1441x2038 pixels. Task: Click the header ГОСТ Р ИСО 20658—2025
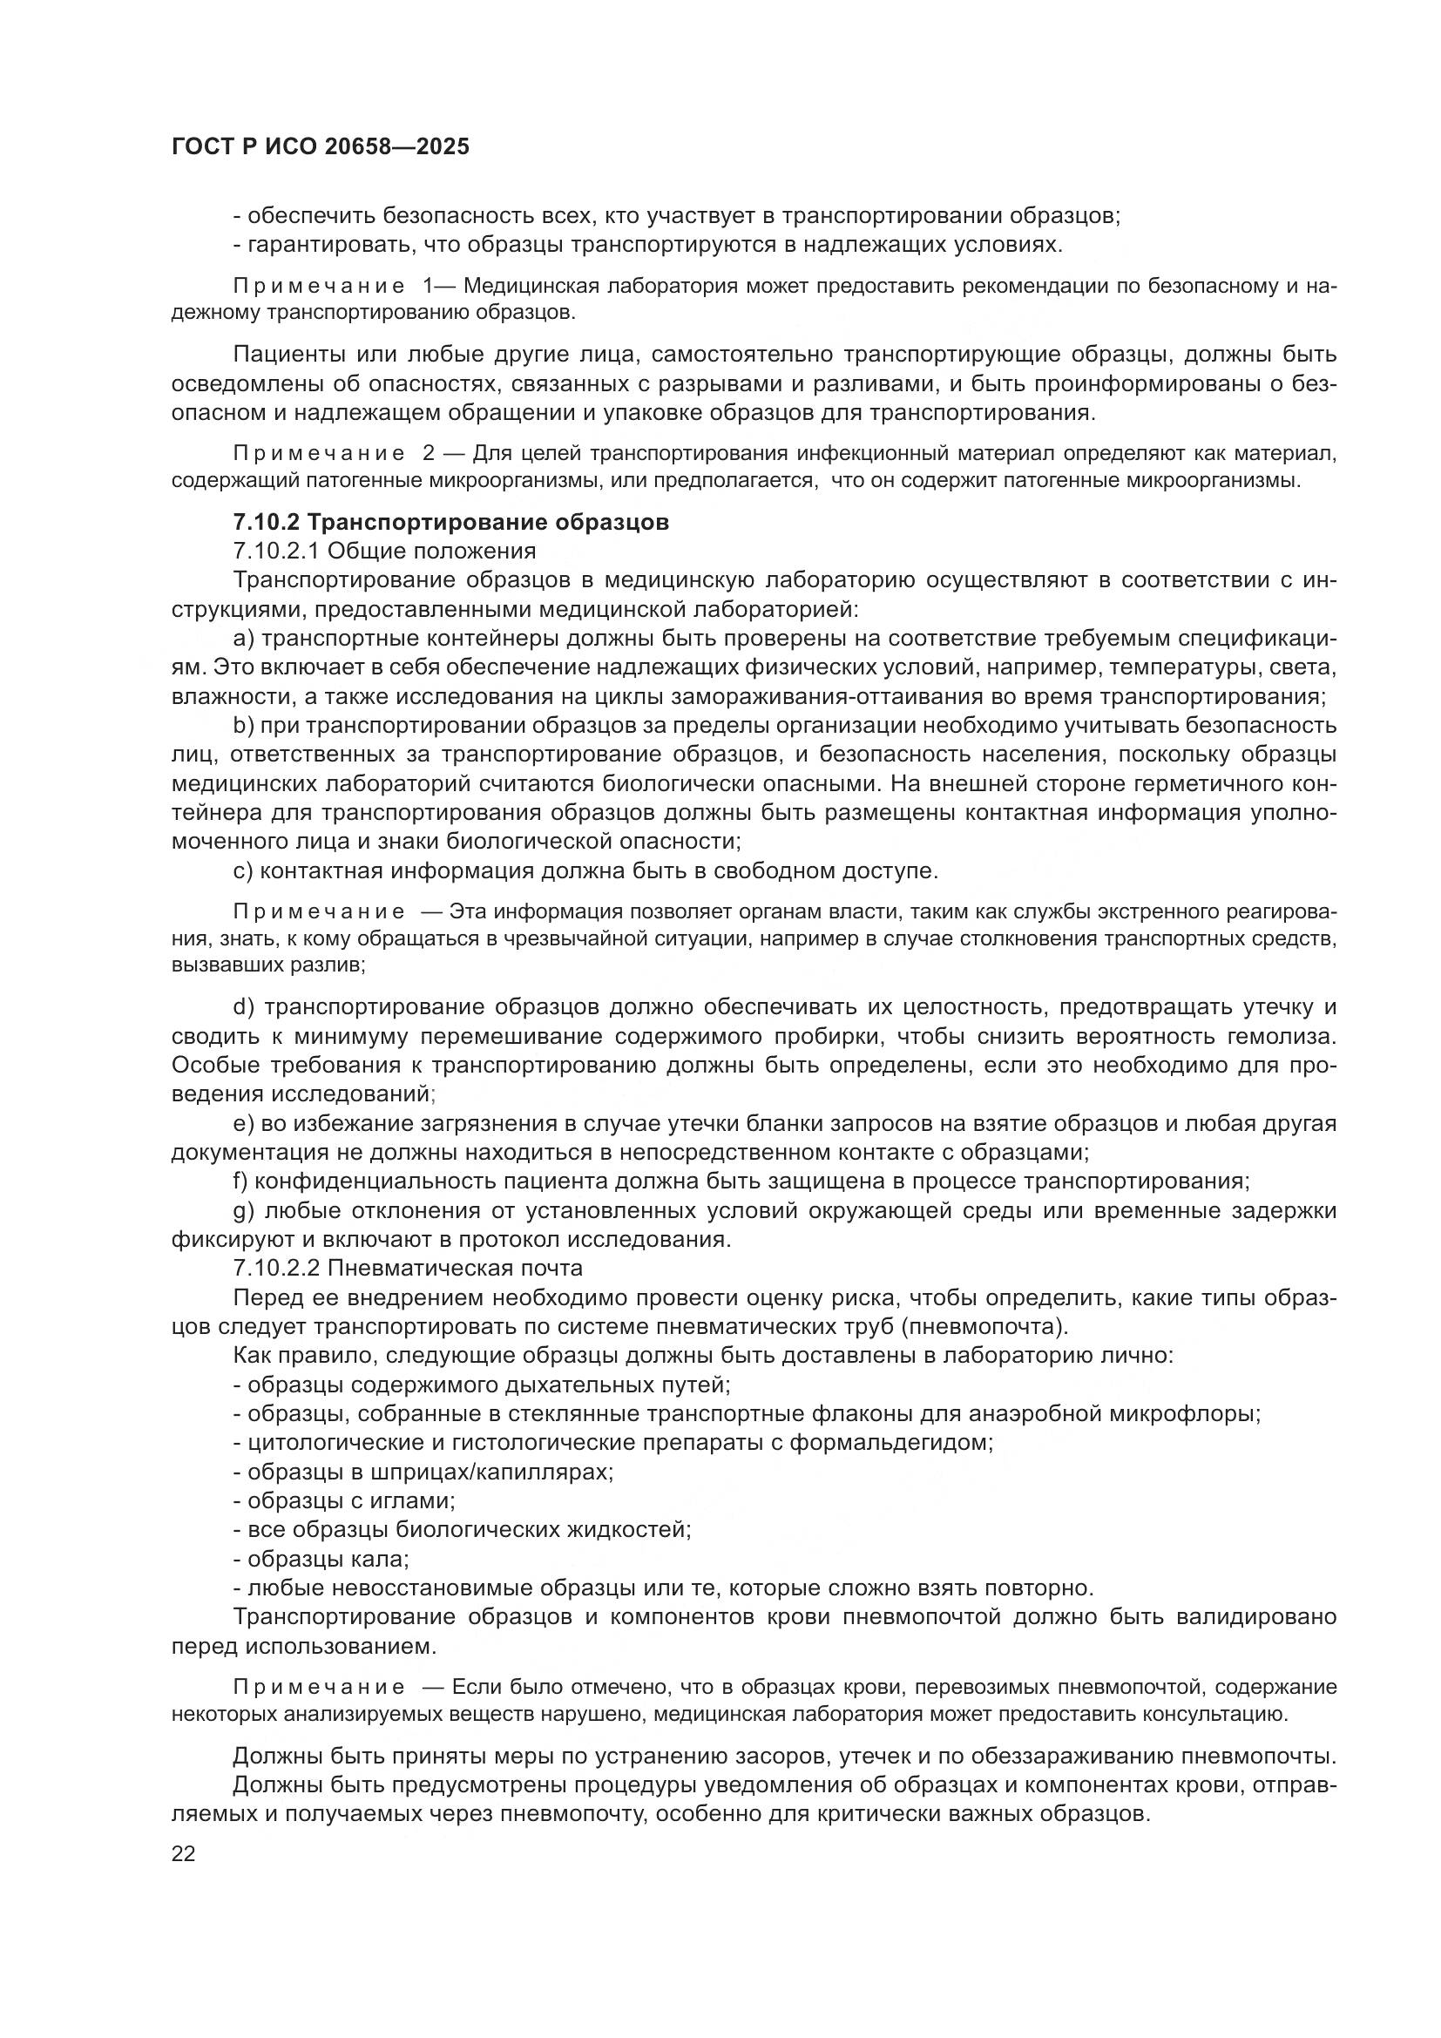(x=321, y=147)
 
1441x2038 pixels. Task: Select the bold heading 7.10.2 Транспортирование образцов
(x=450, y=522)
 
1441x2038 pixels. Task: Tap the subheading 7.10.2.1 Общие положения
(x=384, y=552)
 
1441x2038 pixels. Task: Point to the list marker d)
(x=244, y=1006)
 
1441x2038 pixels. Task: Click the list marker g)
(x=244, y=1211)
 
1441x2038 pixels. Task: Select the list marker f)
(x=240, y=1181)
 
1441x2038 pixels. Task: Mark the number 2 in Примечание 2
(x=429, y=454)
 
